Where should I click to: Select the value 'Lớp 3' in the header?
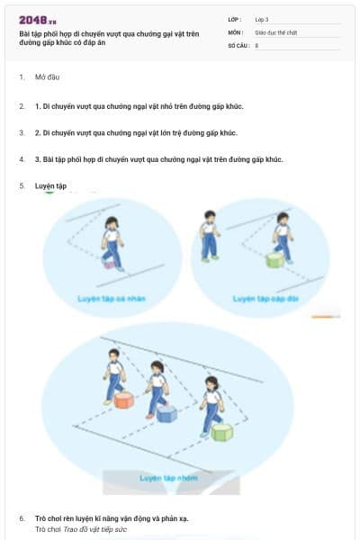[262, 19]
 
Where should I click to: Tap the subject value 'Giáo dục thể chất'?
[275, 31]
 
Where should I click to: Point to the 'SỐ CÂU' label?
[238, 44]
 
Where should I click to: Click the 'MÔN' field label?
[235, 31]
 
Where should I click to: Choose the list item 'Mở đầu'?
[48, 77]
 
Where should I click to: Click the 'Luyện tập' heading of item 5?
[50, 185]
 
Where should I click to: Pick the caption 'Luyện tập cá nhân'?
[111, 298]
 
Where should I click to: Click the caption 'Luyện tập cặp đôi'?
[264, 298]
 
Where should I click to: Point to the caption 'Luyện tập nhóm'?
[169, 478]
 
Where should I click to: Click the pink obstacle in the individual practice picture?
[109, 264]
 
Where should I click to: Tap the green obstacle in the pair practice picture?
[274, 261]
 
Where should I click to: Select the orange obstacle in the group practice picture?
[124, 400]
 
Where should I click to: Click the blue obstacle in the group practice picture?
[166, 413]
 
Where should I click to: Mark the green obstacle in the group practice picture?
[221, 432]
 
